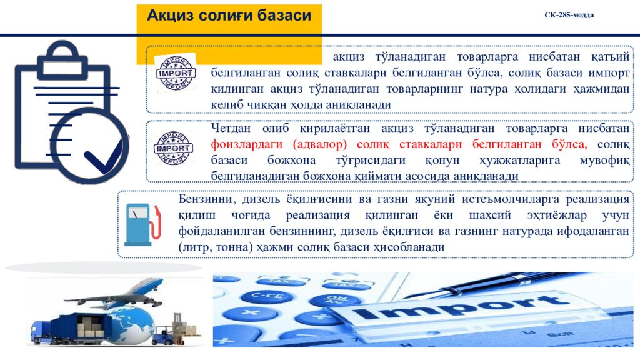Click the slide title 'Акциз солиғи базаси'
(x=229, y=16)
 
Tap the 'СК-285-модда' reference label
(x=569, y=15)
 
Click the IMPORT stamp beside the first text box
(x=176, y=73)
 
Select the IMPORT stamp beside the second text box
(x=173, y=149)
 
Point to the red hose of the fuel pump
(x=157, y=225)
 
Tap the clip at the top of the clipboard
(x=61, y=52)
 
